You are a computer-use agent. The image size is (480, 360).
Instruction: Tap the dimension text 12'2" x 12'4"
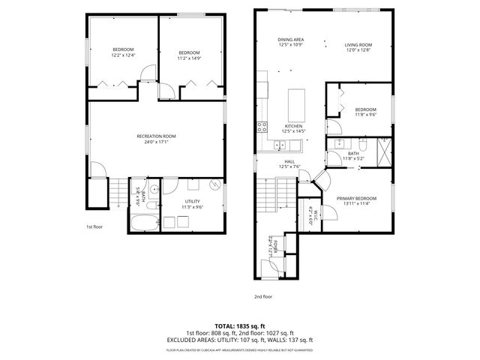point(122,55)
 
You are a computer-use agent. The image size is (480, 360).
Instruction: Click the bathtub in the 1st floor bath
point(143,223)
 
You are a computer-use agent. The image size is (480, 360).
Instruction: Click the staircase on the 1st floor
point(118,193)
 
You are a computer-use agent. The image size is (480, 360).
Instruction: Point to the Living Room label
point(358,44)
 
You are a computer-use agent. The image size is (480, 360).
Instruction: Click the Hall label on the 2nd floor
point(289,160)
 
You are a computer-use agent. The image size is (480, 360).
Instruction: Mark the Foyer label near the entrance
point(274,244)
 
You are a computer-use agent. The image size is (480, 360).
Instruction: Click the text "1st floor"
point(94,226)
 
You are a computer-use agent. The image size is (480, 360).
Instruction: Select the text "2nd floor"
point(263,296)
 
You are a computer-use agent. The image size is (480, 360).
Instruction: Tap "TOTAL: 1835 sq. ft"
point(240,325)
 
